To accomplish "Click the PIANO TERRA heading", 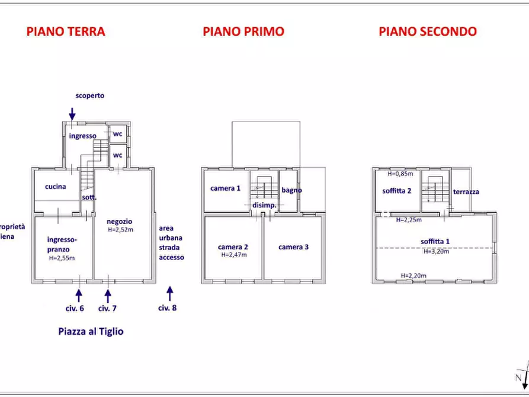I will pyautogui.click(x=66, y=31).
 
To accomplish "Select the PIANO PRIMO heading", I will pyautogui.click(x=243, y=31).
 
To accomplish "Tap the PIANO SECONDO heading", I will pyautogui.click(x=428, y=31).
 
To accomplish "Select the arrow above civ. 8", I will pyautogui.click(x=170, y=293).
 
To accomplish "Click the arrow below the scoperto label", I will pyautogui.click(x=72, y=113).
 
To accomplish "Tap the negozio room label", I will pyautogui.click(x=119, y=221).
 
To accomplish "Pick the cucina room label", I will pyautogui.click(x=55, y=187).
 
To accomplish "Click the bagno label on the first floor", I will pyautogui.click(x=291, y=190).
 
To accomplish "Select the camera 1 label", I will pyautogui.click(x=225, y=188).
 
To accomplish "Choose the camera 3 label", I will pyautogui.click(x=294, y=247).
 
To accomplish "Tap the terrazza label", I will pyautogui.click(x=466, y=191).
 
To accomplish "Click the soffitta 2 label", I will pyautogui.click(x=397, y=191).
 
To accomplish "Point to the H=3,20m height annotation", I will pyautogui.click(x=436, y=251).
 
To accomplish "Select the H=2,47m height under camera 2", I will pyautogui.click(x=233, y=255).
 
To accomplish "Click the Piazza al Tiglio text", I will pyautogui.click(x=91, y=332).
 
